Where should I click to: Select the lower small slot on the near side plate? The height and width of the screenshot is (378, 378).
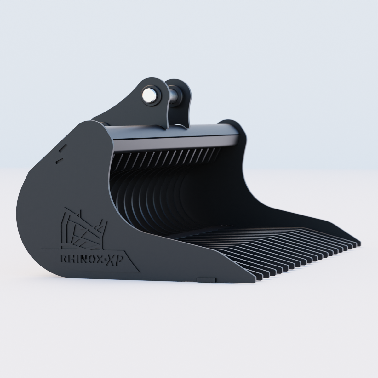58,161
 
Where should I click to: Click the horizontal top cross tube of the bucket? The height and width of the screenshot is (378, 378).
176,132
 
